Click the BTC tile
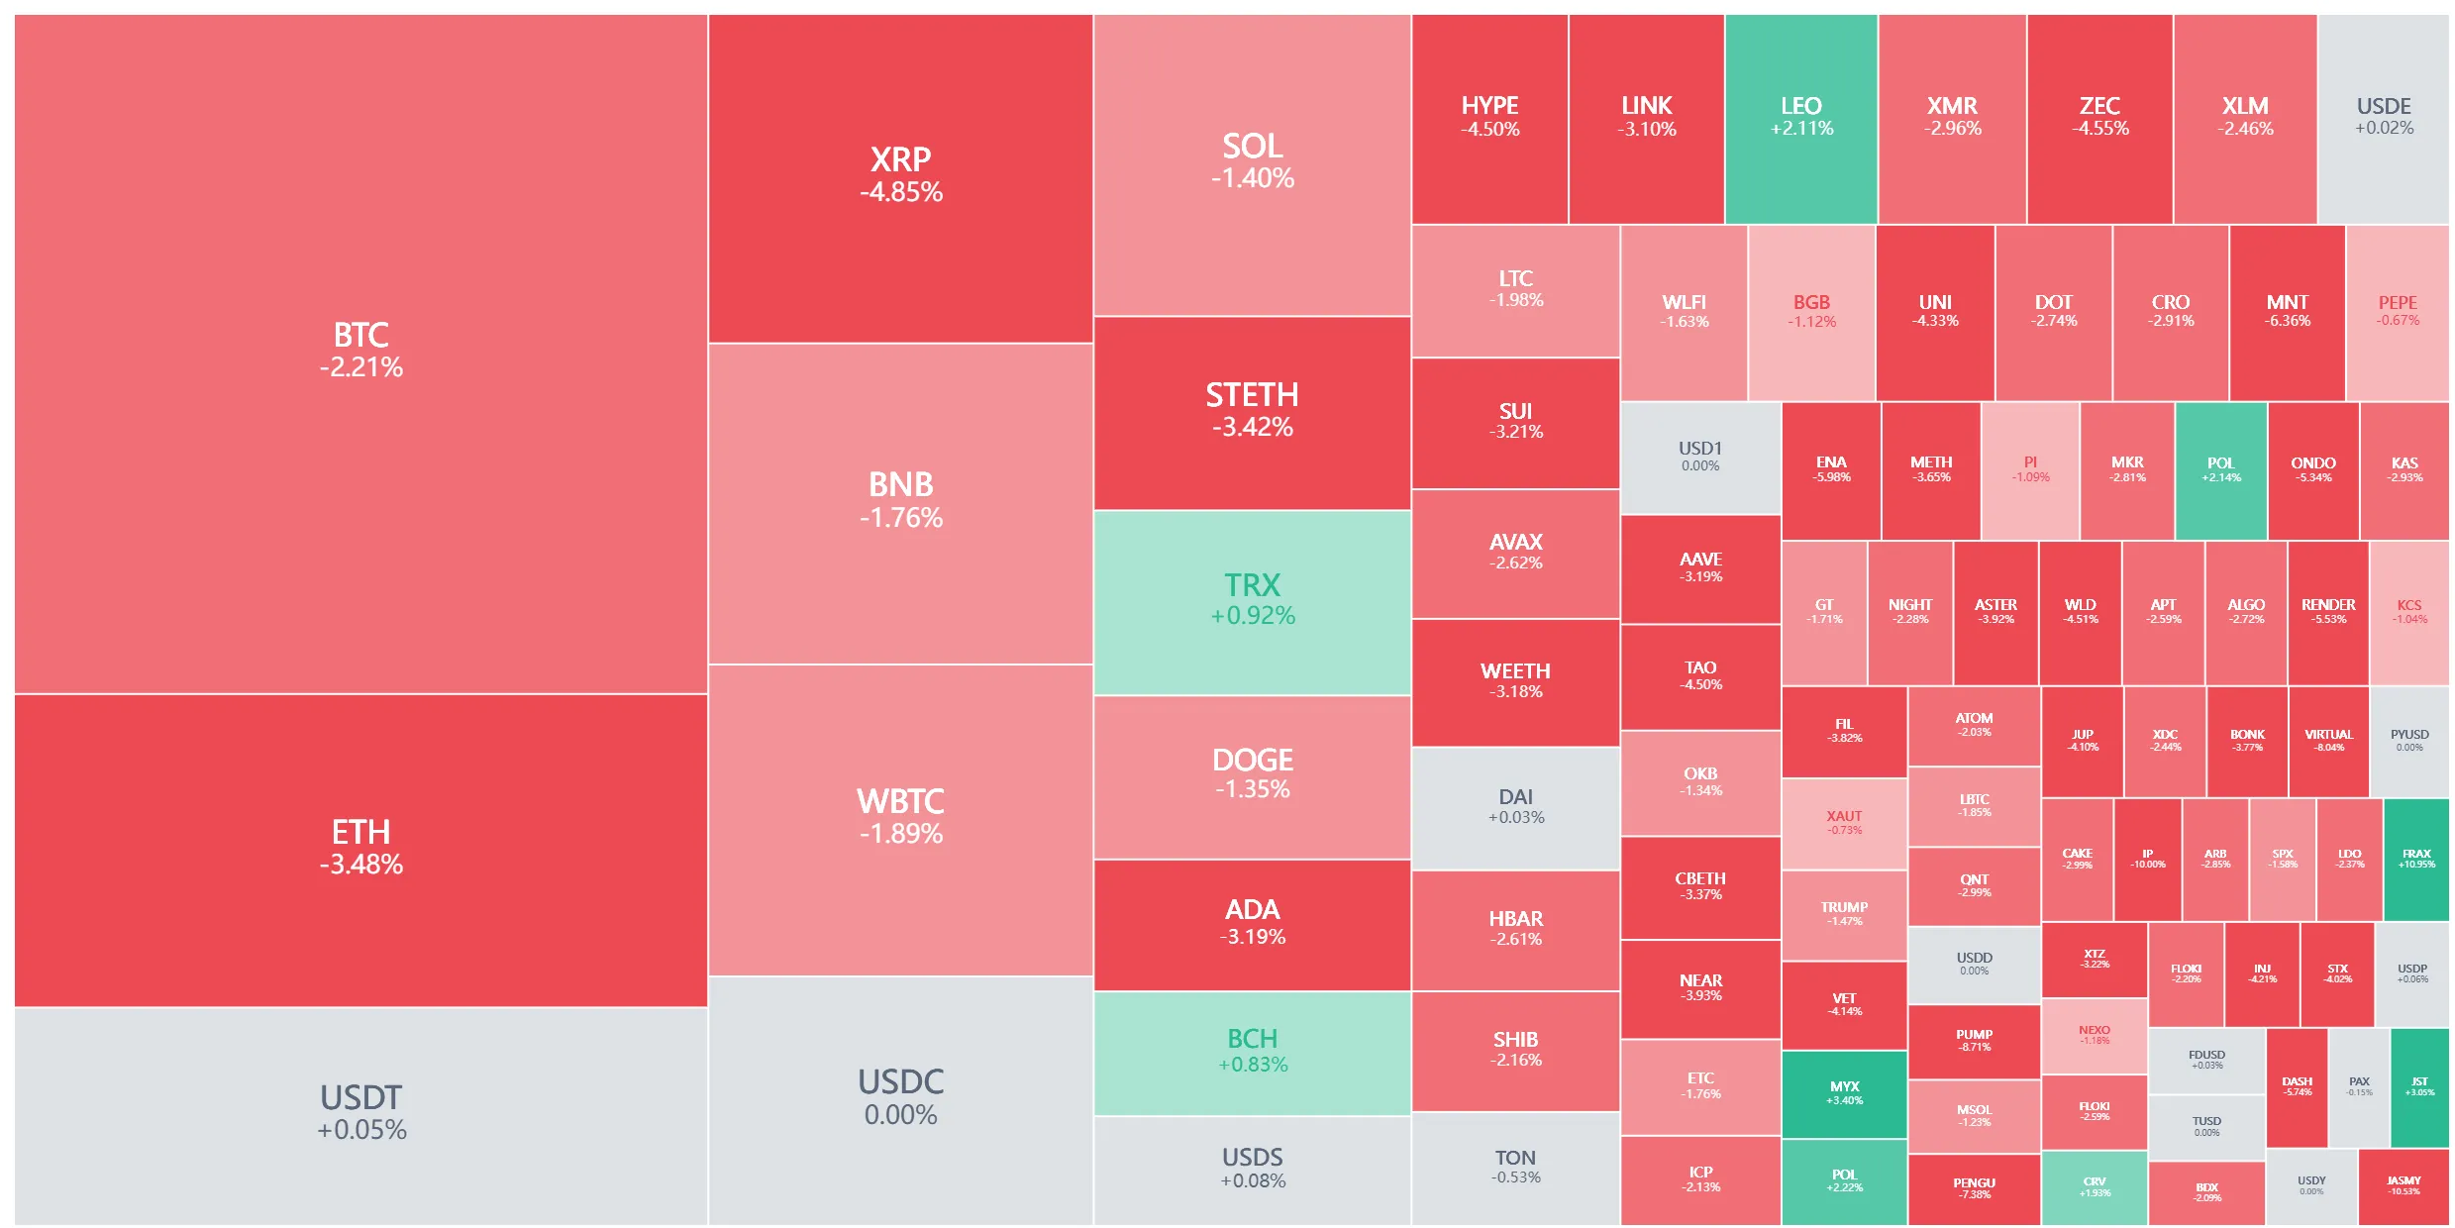360,352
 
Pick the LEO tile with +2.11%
1800,118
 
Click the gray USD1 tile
1699,457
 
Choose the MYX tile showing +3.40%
1844,1093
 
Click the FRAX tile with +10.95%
2415,859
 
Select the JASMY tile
2403,1185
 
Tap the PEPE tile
2397,311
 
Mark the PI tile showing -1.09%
2029,469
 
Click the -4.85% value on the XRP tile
900,192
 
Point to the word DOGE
1252,760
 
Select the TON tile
1515,1167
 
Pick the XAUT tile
1844,823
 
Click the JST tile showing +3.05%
2418,1086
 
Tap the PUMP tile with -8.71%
1974,1040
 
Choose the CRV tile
2094,1186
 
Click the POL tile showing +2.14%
2220,469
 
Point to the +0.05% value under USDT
361,1130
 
